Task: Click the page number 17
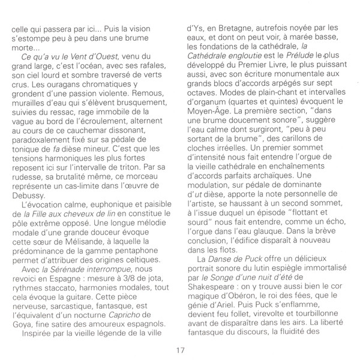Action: [x=180, y=350]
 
